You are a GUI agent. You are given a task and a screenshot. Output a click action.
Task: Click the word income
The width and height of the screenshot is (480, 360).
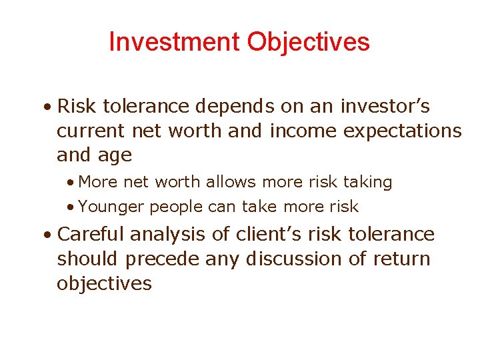[303, 131]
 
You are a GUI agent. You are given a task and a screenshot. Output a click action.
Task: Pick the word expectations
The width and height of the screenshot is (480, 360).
[402, 131]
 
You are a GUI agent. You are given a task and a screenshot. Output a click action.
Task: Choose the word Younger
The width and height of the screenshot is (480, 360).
[111, 207]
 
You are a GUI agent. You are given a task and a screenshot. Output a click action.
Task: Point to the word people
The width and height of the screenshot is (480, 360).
[176, 207]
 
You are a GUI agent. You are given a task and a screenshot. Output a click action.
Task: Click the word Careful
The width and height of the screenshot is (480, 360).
[91, 235]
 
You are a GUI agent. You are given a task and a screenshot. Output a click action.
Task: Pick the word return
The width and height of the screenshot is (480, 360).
[399, 259]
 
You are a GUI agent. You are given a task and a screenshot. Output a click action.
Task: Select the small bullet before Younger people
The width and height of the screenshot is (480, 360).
[70, 207]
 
